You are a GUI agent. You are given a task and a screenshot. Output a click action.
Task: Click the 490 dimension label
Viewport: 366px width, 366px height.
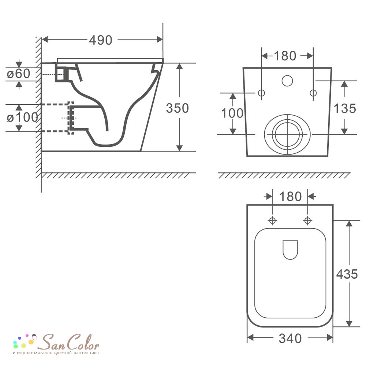point(101,40)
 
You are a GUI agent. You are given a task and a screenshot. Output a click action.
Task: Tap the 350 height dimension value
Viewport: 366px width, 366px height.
point(178,108)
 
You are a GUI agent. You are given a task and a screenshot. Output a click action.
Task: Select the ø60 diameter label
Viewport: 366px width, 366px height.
point(19,74)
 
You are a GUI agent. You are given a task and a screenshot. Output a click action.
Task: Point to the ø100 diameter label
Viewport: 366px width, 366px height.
point(22,117)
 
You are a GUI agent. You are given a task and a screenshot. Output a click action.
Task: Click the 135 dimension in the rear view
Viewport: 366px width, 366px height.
point(345,108)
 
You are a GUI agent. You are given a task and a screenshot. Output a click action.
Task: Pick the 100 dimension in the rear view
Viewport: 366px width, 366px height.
point(232,113)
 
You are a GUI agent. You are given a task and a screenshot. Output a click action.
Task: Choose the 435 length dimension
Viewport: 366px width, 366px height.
point(347,274)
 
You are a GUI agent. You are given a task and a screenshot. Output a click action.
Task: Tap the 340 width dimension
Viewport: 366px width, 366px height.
point(290,338)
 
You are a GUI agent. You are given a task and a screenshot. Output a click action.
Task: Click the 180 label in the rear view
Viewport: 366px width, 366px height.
point(285,56)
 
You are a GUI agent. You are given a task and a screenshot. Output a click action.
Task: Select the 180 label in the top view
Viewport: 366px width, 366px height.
point(290,196)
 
